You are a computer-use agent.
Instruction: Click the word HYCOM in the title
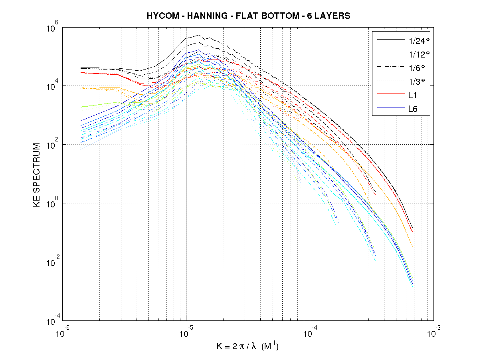point(160,16)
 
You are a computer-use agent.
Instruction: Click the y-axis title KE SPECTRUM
point(37,175)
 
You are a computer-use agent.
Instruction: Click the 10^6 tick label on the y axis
point(53,29)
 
